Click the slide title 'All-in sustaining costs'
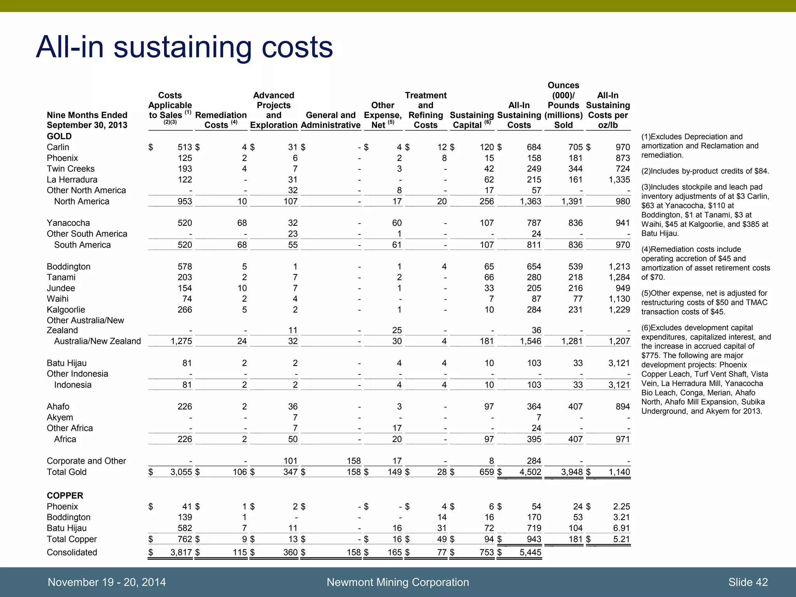pyautogui.click(x=184, y=47)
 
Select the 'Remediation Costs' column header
pyautogui.click(x=220, y=120)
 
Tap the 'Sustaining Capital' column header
pyautogui.click(x=471, y=120)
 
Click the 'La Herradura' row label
pyautogui.click(x=72, y=180)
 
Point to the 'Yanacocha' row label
pyautogui.click(x=68, y=223)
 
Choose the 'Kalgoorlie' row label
pyautogui.click(x=66, y=310)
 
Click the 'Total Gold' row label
pyautogui.click(x=66, y=472)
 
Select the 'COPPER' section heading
pyautogui.click(x=65, y=496)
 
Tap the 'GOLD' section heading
pyautogui.click(x=59, y=136)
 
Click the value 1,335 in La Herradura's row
pyautogui.click(x=620, y=180)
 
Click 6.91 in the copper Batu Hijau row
pyautogui.click(x=621, y=528)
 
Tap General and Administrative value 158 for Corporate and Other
pyautogui.click(x=354, y=461)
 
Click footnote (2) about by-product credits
pyautogui.click(x=705, y=171)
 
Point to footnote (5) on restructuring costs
pyautogui.click(x=704, y=302)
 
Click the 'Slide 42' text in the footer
pyautogui.click(x=748, y=582)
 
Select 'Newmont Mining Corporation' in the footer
pyautogui.click(x=398, y=582)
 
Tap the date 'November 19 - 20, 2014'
pyautogui.click(x=107, y=582)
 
